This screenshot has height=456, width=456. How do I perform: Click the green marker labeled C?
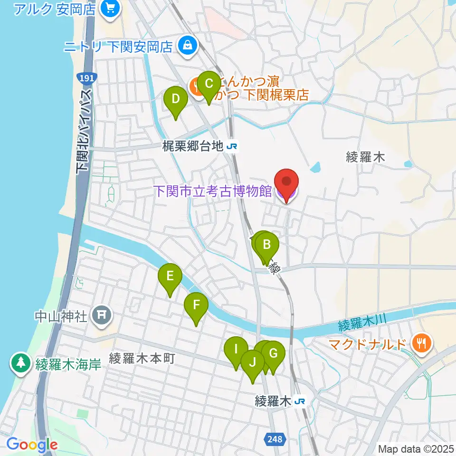[x=208, y=85]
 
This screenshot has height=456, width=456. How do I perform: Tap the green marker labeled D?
[x=175, y=100]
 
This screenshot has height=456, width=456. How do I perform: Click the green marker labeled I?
[x=236, y=350]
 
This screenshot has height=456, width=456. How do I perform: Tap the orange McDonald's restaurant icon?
[x=421, y=343]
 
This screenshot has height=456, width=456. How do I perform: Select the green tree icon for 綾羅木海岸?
[x=20, y=364]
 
